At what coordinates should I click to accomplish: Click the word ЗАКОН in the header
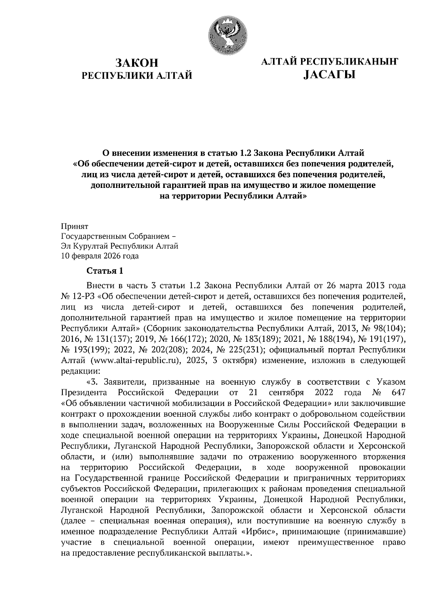point(137,63)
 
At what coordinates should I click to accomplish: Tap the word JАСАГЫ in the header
point(329,75)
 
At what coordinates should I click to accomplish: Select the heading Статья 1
point(105,271)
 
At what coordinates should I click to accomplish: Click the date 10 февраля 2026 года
point(100,256)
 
